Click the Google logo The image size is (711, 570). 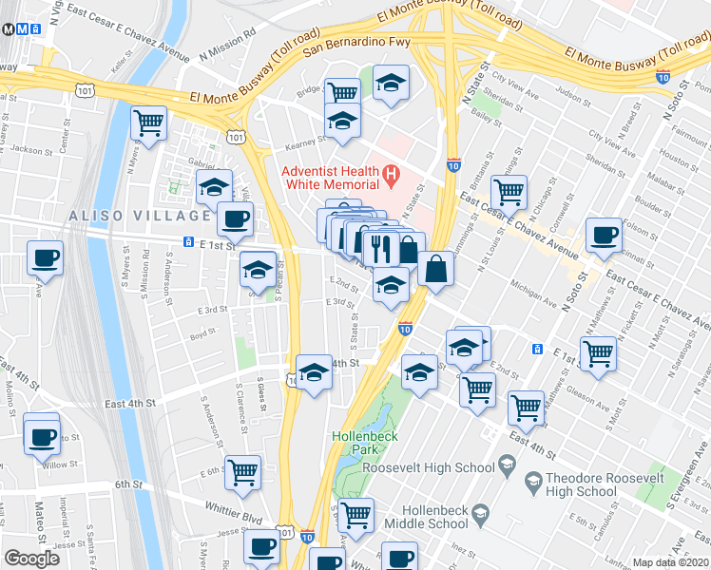[x=31, y=558]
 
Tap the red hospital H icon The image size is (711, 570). [x=390, y=175]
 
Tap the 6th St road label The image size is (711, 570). [x=128, y=484]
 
